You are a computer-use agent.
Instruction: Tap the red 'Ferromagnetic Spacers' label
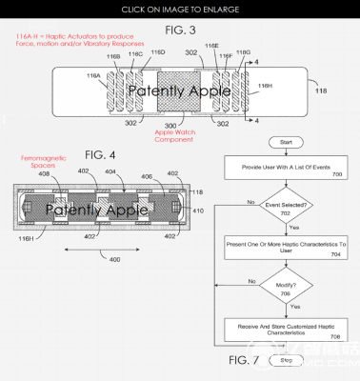pyautogui.click(x=42, y=163)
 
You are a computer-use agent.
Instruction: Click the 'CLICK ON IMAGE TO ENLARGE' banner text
pyautogui.click(x=179, y=8)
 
